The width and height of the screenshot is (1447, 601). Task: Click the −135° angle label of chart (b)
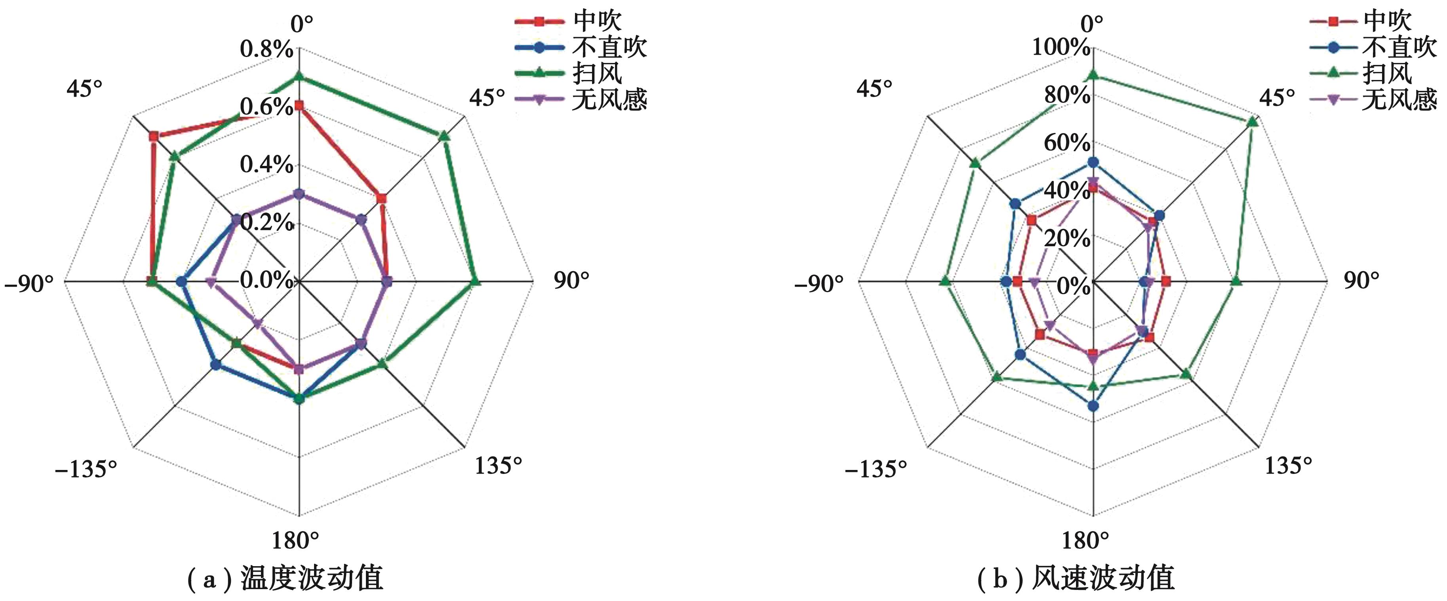click(876, 469)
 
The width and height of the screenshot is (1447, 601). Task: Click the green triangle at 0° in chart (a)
click(299, 76)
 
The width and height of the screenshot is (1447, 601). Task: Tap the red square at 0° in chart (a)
click(299, 106)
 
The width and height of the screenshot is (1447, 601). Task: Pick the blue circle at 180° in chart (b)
click(1093, 405)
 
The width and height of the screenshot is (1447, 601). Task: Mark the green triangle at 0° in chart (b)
click(1093, 75)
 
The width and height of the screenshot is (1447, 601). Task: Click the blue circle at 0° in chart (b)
click(1093, 162)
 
